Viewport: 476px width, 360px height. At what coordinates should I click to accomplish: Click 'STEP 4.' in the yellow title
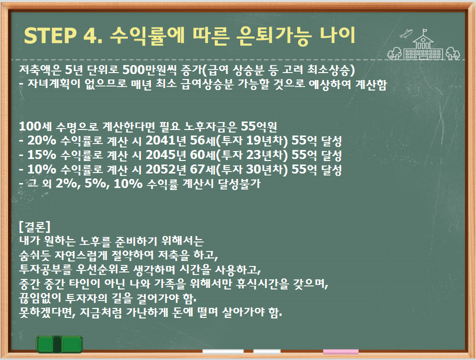click(63, 36)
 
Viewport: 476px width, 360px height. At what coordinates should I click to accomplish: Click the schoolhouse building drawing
click(423, 47)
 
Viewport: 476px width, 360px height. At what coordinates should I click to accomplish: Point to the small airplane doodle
click(406, 33)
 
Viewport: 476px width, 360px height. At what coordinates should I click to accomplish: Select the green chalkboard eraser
click(59, 344)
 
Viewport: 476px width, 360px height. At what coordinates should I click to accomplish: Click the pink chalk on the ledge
click(341, 352)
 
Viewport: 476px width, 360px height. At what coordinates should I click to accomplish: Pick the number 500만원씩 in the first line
click(149, 70)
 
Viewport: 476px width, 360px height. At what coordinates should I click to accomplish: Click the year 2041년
click(166, 141)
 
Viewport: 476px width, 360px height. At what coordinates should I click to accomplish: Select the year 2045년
click(166, 155)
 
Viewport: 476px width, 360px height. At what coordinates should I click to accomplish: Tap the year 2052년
click(166, 169)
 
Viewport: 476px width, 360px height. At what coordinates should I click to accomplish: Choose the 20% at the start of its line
click(42, 141)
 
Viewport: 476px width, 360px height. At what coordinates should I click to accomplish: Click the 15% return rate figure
click(42, 155)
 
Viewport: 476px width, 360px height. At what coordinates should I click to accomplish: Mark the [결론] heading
click(35, 226)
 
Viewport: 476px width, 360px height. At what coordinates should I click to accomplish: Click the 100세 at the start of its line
click(35, 126)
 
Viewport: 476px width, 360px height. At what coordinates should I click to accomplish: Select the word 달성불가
click(239, 184)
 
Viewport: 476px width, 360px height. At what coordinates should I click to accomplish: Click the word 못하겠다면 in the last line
click(47, 312)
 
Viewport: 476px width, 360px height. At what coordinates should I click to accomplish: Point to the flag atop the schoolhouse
click(424, 31)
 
